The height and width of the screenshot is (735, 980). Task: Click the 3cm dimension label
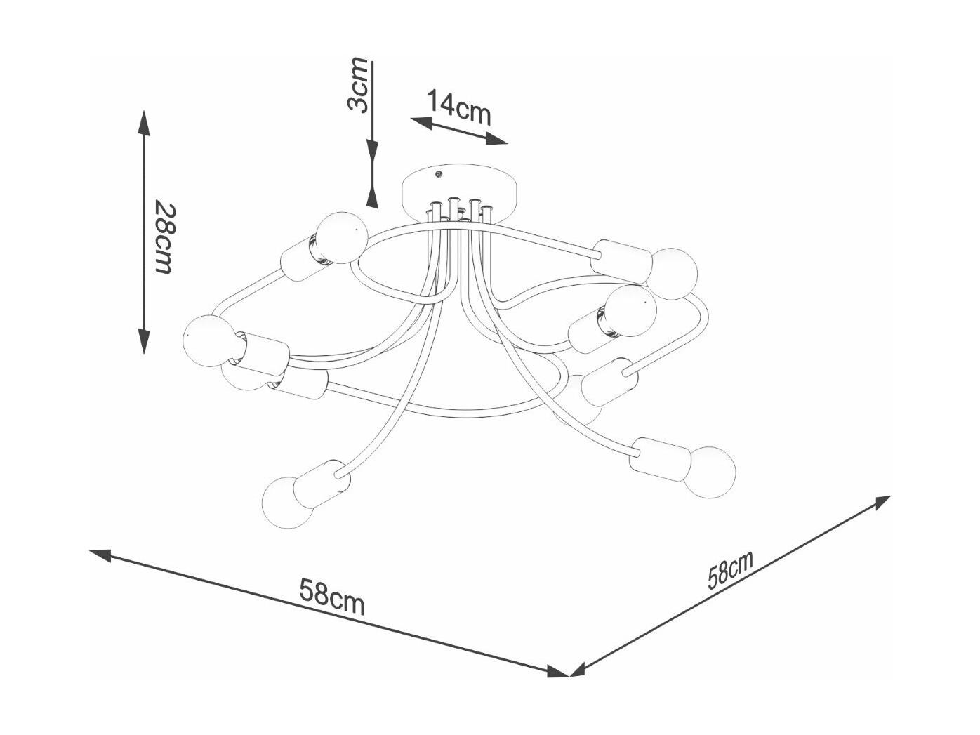(357, 84)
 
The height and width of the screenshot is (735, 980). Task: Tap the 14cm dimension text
(459, 107)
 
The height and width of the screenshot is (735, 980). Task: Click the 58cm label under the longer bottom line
(332, 597)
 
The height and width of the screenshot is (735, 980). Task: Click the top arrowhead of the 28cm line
(143, 123)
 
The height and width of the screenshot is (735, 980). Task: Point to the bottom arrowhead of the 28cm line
(143, 341)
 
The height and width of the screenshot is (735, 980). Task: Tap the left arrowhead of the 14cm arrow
(421, 124)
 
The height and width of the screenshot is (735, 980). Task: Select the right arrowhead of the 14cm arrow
(496, 139)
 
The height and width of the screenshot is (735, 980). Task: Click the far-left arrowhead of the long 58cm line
(101, 555)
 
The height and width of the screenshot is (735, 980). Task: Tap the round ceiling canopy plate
(461, 192)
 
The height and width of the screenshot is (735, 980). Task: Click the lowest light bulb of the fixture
(288, 502)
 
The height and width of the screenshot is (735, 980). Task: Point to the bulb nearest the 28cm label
(342, 237)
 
